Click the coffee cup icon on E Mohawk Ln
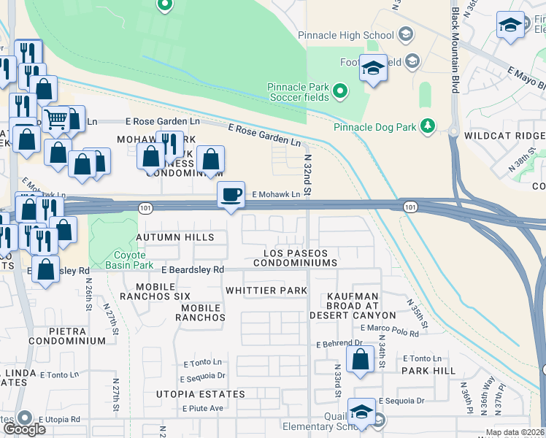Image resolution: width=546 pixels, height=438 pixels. click(231, 195)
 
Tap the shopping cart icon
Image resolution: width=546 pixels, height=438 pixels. click(55, 118)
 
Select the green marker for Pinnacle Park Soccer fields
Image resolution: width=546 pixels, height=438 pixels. click(339, 91)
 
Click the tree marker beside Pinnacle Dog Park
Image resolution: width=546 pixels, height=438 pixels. click(428, 126)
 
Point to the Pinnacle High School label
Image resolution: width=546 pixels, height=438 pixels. click(346, 35)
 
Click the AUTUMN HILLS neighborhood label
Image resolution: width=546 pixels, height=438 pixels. click(175, 237)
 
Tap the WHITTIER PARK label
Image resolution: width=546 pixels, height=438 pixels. click(266, 291)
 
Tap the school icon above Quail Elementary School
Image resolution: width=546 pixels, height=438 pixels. click(361, 411)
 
